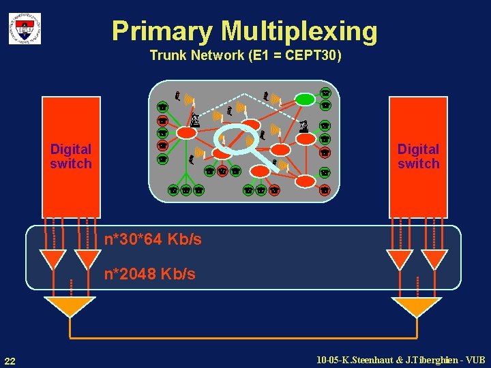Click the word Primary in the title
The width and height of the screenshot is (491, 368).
pyautogui.click(x=162, y=31)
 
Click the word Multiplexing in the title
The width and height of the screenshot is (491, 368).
pyautogui.click(x=299, y=31)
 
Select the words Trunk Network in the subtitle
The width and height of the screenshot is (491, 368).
pyautogui.click(x=194, y=55)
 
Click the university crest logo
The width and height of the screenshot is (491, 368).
pyautogui.click(x=25, y=29)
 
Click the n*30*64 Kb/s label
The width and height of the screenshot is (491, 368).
pyautogui.click(x=153, y=239)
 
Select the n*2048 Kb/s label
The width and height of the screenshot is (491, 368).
pyautogui.click(x=149, y=274)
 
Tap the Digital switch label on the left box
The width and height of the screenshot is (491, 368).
pyautogui.click(x=71, y=156)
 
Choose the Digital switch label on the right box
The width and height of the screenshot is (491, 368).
pyautogui.click(x=419, y=156)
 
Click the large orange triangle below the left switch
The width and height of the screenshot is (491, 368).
pyautogui.click(x=69, y=307)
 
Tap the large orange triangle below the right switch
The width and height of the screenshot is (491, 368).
pyautogui.click(x=416, y=307)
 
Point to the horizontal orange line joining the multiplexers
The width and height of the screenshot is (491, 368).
pyautogui.click(x=242, y=337)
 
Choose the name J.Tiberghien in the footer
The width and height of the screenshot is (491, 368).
pyautogui.click(x=428, y=359)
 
